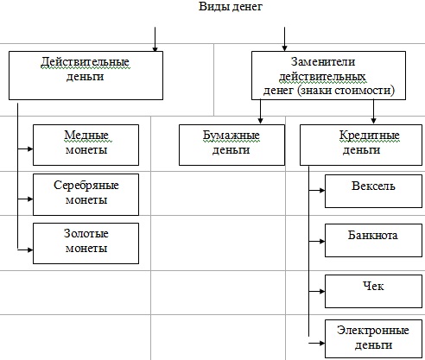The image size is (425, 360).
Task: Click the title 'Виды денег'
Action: pos(231,6)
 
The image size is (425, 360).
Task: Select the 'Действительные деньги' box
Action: pos(86,76)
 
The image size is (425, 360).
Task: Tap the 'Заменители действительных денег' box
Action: pos(328,76)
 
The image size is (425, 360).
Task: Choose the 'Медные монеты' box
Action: pos(86,145)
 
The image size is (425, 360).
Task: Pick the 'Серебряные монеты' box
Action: pos(86,194)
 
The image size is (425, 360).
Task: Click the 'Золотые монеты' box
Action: pos(86,243)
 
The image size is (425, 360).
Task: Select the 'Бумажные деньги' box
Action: pos(232,145)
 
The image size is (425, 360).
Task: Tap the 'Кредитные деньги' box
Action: pos(361,145)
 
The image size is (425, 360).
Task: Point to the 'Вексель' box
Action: pos(373,191)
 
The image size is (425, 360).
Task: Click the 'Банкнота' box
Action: pos(373,241)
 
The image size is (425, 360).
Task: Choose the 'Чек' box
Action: pos(373,291)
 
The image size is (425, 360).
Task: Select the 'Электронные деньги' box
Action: pos(373,338)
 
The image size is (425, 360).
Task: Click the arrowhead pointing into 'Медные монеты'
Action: pos(30,148)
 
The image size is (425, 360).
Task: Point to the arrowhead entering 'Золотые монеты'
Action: pos(30,249)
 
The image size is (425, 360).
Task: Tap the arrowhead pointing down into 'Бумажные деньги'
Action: pos(260,121)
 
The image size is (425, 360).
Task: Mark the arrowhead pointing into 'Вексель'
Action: pos(322,190)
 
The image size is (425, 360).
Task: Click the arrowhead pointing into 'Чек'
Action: pos(322,292)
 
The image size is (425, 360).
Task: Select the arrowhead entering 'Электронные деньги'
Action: pos(322,343)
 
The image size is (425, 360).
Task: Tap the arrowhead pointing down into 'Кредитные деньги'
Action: pos(373,121)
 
